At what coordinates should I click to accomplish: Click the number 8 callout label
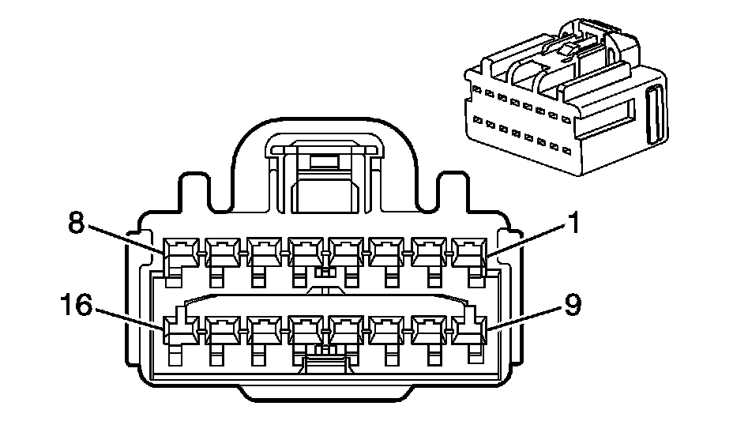[x=76, y=224]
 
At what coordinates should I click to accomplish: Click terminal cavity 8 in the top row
[x=180, y=252]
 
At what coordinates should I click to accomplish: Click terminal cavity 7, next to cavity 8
[x=222, y=252]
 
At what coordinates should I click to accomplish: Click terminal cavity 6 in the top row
[x=263, y=252]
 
